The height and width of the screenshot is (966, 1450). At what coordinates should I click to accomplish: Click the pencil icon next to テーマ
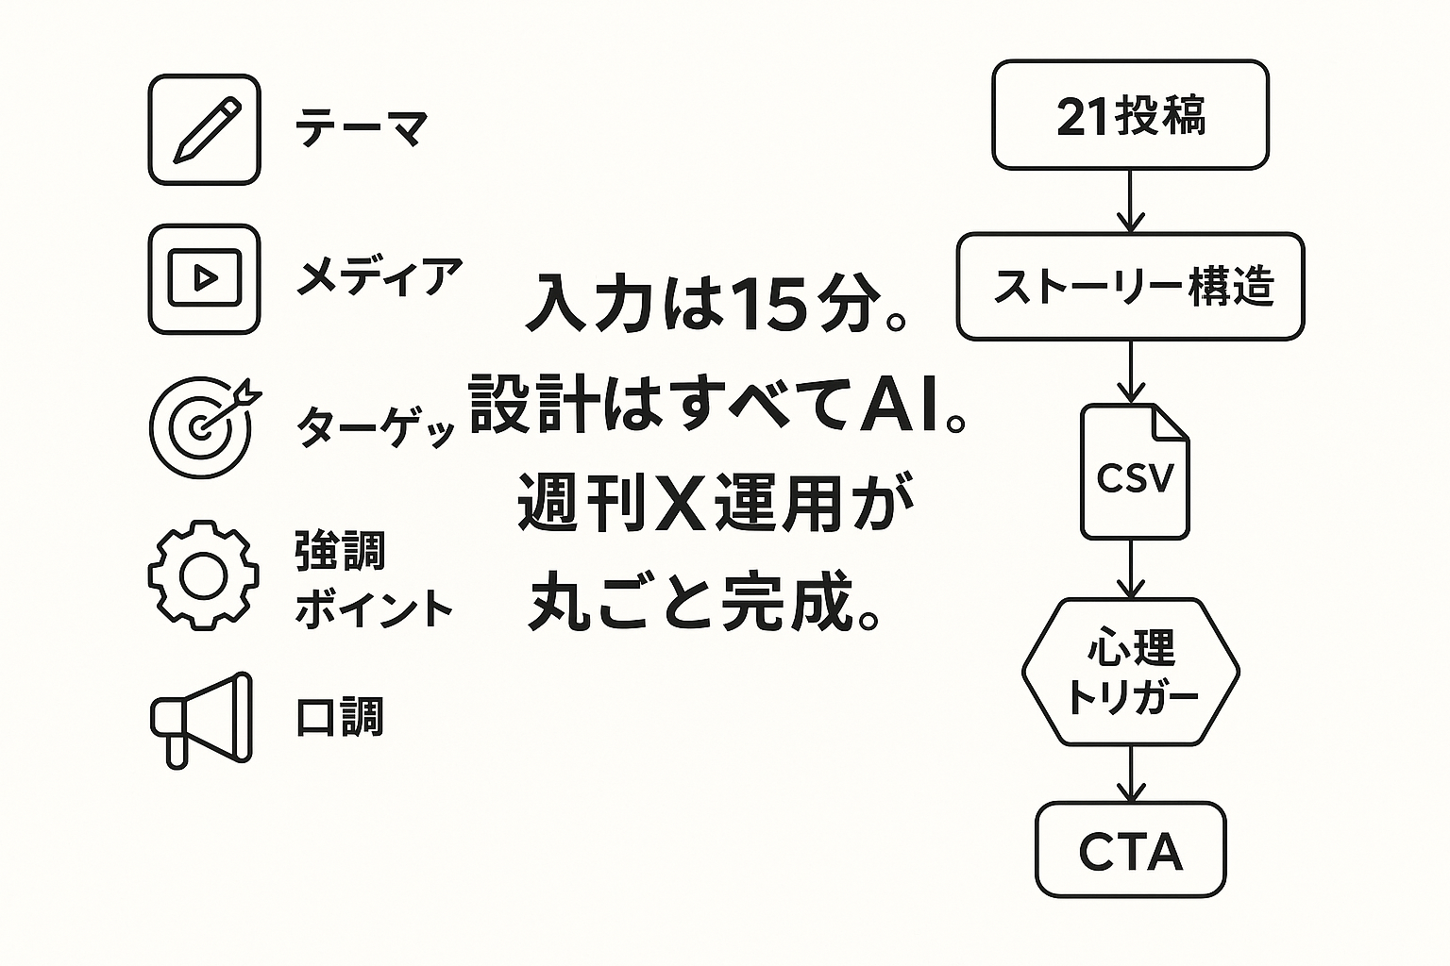point(204,130)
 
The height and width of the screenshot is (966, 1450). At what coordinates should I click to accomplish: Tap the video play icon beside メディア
point(204,278)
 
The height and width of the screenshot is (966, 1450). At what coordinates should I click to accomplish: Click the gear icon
point(204,575)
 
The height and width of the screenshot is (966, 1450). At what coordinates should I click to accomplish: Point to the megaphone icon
point(202,719)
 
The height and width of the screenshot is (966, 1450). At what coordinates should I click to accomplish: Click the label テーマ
point(362,129)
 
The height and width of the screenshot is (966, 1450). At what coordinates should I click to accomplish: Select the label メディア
point(379,277)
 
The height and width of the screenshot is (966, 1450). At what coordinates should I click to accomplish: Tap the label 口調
point(340,718)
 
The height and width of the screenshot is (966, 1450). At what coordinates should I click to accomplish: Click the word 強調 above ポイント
point(340,551)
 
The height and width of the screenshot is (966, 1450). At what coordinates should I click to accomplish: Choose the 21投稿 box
point(1130,116)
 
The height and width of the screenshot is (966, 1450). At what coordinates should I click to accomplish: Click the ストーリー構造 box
point(1130,287)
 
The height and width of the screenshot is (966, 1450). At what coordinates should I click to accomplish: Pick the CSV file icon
point(1135,473)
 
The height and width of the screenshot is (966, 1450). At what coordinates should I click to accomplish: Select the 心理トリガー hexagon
point(1130,672)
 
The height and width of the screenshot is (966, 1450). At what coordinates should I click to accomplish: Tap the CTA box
point(1130,850)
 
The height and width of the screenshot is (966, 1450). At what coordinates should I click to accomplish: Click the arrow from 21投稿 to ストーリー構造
point(1130,202)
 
